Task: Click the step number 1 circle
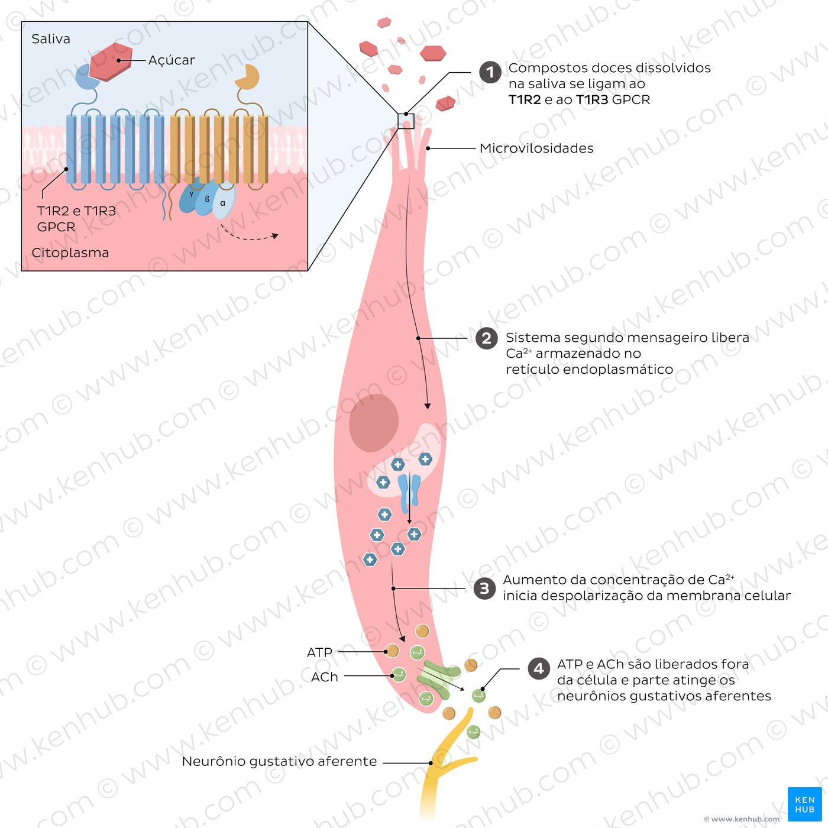point(490,72)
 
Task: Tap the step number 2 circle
point(487,338)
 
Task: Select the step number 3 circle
point(485,588)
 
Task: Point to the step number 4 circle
point(539,668)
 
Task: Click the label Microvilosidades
point(536,148)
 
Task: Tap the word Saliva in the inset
point(51,39)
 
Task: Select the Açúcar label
point(172,60)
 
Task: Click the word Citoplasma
point(70,253)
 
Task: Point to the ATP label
point(319,653)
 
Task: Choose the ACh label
point(325,677)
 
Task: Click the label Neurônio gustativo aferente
point(279,761)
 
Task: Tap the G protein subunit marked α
point(224,202)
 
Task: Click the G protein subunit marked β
point(207,199)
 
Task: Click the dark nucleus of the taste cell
point(373,423)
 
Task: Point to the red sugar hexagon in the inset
point(111,62)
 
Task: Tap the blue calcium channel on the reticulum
point(409,494)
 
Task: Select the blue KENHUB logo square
point(804,804)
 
